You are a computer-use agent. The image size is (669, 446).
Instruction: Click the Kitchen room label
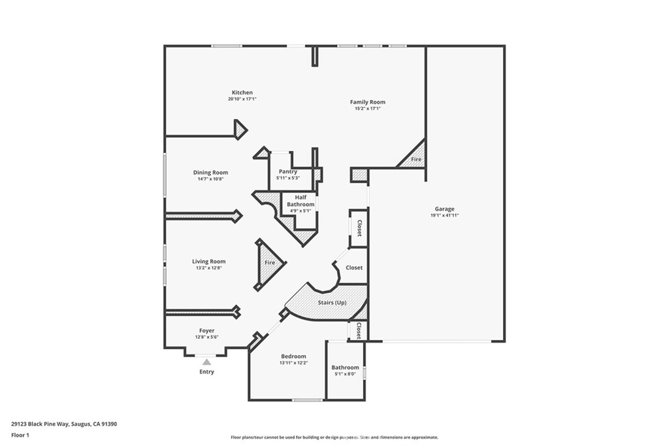[242, 93]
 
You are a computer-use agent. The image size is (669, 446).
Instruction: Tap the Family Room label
[367, 102]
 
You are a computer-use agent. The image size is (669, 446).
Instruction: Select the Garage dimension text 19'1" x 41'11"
[444, 215]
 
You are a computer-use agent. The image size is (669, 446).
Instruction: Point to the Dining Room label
[210, 173]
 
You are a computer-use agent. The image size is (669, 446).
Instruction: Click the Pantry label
[287, 172]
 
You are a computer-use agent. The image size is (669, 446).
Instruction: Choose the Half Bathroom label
[301, 201]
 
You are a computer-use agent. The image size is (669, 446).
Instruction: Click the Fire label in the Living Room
[270, 263]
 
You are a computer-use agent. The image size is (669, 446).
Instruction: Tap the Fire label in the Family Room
[416, 160]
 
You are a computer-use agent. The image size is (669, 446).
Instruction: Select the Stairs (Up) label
[332, 303]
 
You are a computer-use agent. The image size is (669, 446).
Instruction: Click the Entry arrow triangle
[206, 362]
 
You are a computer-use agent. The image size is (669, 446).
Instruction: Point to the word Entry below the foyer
[206, 372]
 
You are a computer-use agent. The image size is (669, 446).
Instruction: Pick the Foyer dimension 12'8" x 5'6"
[206, 337]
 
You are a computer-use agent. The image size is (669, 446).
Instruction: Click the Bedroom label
[293, 356]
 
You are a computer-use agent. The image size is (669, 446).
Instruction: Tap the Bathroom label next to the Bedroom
[345, 368]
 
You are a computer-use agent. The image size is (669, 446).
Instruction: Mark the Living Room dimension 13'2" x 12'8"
[208, 267]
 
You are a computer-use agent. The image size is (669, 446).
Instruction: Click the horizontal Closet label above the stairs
[354, 267]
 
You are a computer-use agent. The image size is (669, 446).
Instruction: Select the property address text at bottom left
[64, 424]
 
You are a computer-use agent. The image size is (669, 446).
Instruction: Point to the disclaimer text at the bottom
[334, 437]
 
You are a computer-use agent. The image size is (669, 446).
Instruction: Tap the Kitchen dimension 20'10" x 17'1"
[242, 99]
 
